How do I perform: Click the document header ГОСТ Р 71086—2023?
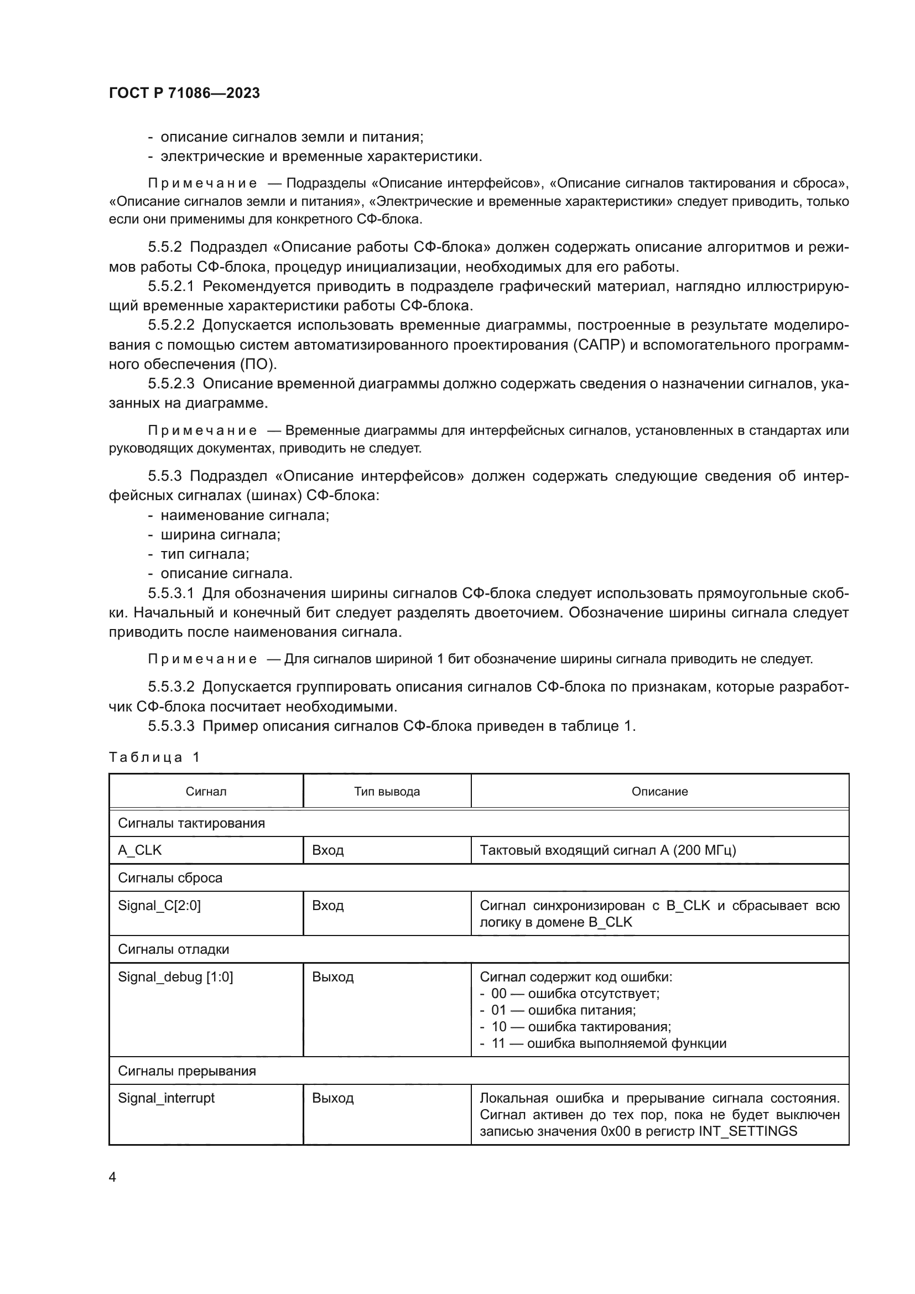184,93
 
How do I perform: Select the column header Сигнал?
206,791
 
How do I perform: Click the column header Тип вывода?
387,791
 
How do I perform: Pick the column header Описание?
659,791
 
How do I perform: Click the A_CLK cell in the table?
140,850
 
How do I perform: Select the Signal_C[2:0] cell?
159,906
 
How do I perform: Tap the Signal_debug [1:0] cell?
175,976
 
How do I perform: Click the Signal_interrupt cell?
166,1098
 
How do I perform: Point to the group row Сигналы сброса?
170,878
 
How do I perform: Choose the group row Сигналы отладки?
174,949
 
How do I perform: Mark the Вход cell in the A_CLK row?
328,850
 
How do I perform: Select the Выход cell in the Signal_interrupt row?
332,1098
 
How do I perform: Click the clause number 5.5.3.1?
171,593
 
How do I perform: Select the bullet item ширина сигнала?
220,534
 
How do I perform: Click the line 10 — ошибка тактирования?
580,1026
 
